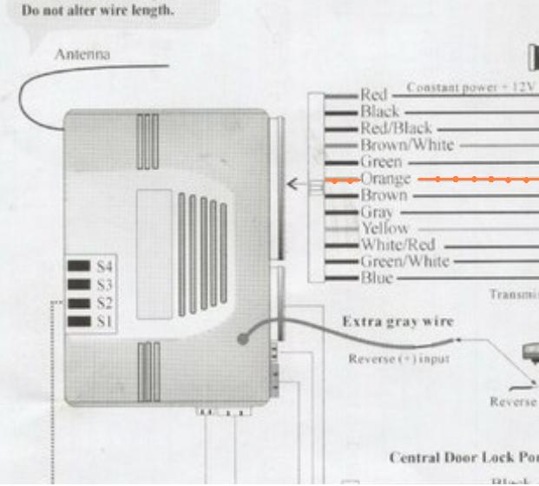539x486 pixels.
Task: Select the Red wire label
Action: tap(374, 95)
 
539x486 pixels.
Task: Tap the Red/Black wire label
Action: tap(396, 128)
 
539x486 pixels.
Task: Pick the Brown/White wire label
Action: tap(407, 145)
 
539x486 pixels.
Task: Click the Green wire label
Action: tap(381, 162)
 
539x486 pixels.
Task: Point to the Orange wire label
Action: tap(385, 179)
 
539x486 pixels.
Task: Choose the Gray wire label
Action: tap(377, 213)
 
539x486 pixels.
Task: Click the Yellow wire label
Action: tap(384, 229)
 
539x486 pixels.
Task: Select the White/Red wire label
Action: tap(398, 246)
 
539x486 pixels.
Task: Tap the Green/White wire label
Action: tap(404, 262)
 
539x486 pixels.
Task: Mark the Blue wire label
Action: tap(377, 279)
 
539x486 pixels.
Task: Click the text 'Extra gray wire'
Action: tap(398, 322)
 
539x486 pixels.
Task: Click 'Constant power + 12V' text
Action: tap(460, 89)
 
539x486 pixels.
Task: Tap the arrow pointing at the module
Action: tap(295, 183)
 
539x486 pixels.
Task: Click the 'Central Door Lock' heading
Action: tap(464, 458)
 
